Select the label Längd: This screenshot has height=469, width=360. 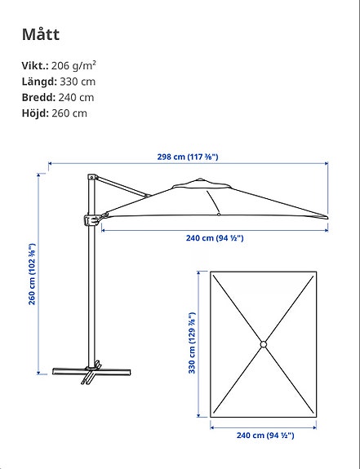click(x=38, y=82)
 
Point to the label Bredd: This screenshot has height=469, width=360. click(x=38, y=97)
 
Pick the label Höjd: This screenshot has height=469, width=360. click(x=35, y=113)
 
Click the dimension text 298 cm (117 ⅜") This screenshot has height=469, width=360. click(x=188, y=157)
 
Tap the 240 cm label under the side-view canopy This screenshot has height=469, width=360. click(x=215, y=238)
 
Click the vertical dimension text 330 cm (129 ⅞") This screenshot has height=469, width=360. click(x=193, y=343)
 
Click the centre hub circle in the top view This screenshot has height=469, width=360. click(x=264, y=345)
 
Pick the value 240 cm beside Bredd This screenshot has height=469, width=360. click(x=75, y=97)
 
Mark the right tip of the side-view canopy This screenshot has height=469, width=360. click(x=327, y=217)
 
